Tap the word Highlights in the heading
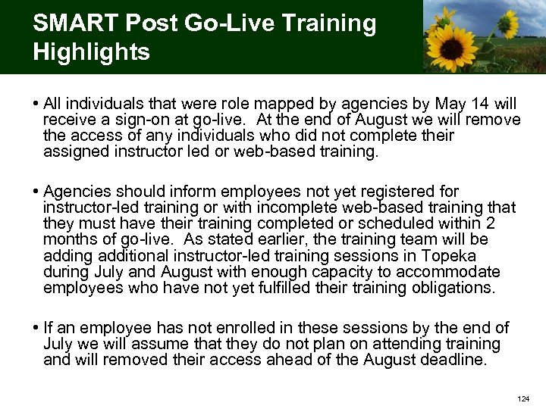click(91, 52)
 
